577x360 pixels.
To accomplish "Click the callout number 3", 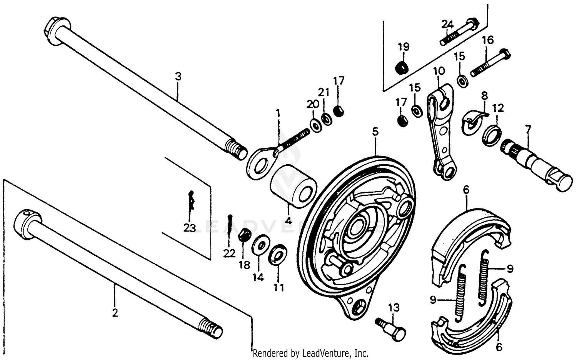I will (x=178, y=77).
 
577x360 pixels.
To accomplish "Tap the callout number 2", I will (x=115, y=313).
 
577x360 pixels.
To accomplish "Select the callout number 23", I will (x=190, y=228).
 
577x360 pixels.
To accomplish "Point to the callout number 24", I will (x=447, y=24).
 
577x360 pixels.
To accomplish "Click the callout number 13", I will (x=394, y=308).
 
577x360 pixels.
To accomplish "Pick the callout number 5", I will (x=375, y=132).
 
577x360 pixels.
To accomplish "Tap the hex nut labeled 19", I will (x=402, y=68).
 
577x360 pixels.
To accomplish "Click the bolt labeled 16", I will (x=491, y=62).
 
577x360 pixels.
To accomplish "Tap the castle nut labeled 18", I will (x=244, y=235).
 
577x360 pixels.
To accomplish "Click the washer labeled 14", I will (x=260, y=244).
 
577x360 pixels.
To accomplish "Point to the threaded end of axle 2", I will (x=211, y=329).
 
